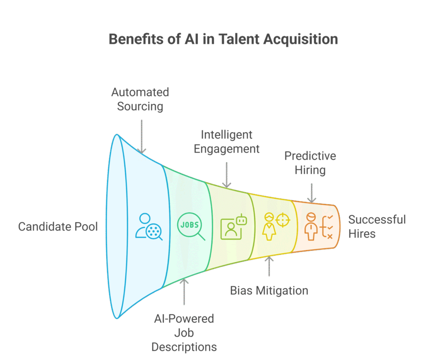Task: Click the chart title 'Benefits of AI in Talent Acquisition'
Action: [223, 39]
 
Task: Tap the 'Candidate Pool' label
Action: [58, 226]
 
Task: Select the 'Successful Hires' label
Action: [376, 226]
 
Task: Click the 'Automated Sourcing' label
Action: [140, 99]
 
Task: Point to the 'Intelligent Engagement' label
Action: [227, 141]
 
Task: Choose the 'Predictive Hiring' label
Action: [310, 163]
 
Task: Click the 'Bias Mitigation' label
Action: [269, 290]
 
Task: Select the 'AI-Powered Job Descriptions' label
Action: [184, 333]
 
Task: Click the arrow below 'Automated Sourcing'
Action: [142, 136]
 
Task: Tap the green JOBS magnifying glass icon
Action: [191, 227]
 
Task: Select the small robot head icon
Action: [241, 220]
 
